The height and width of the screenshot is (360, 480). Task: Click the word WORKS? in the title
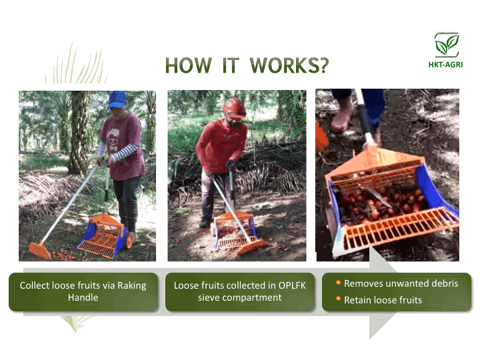point(289,65)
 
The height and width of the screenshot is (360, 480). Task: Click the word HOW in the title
point(188,65)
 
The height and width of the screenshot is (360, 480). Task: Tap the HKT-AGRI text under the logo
point(445,65)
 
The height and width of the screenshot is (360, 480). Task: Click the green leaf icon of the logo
point(447,45)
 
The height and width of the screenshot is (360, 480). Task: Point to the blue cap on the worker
point(117,99)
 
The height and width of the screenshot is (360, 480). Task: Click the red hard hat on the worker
point(234,108)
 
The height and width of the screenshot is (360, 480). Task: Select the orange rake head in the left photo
point(40,250)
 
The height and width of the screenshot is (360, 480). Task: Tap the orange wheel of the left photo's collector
point(130,241)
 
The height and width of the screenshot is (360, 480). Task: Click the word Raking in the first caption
point(132,285)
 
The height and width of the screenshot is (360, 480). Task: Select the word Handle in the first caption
point(83,297)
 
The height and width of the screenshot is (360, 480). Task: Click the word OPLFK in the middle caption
point(292,285)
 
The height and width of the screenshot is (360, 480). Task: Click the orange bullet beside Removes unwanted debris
point(338,283)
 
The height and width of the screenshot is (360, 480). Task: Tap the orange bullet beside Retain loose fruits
point(338,299)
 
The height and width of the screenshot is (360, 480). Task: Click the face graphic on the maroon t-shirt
point(113,140)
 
